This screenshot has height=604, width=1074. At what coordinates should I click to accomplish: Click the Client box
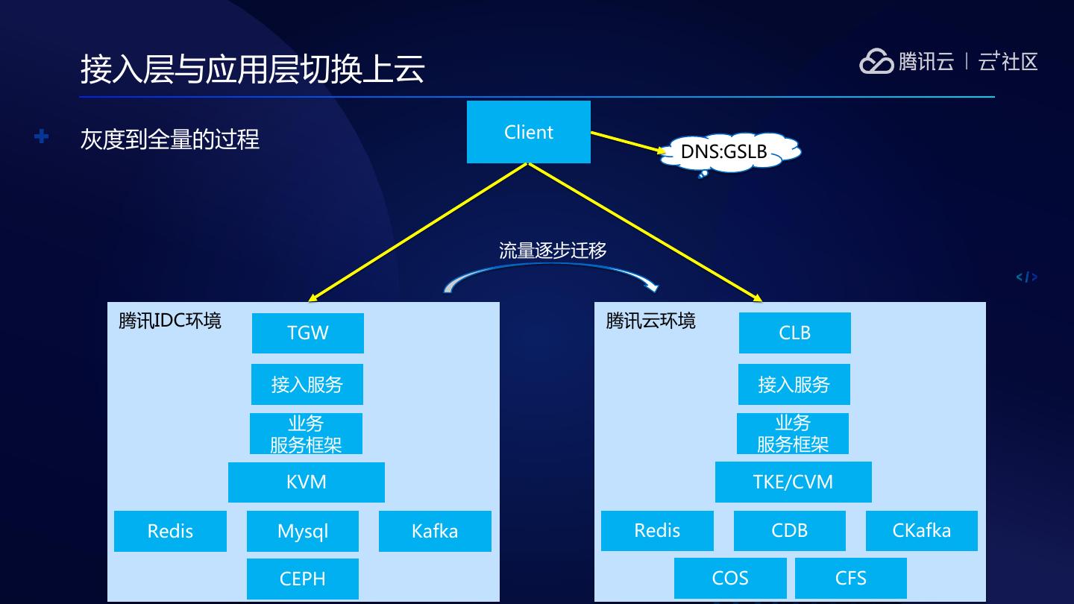pyautogui.click(x=528, y=132)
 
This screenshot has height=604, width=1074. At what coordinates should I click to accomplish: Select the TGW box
pyautogui.click(x=307, y=333)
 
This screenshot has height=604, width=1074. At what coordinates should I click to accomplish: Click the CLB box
pyautogui.click(x=794, y=333)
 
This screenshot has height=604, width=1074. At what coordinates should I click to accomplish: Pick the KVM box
pyautogui.click(x=306, y=482)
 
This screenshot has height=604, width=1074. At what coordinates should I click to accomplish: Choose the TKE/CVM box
pyautogui.click(x=793, y=482)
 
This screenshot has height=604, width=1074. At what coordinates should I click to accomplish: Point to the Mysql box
pyautogui.click(x=302, y=531)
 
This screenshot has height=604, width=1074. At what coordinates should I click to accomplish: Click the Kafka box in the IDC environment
pyautogui.click(x=435, y=531)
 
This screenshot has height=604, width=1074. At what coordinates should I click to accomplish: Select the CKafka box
pyautogui.click(x=921, y=530)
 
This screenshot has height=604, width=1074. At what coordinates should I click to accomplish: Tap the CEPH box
pyautogui.click(x=302, y=578)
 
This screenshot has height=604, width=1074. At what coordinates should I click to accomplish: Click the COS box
pyautogui.click(x=729, y=578)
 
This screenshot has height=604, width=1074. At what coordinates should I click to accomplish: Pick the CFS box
pyautogui.click(x=850, y=578)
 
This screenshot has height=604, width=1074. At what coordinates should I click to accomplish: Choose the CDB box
pyautogui.click(x=789, y=530)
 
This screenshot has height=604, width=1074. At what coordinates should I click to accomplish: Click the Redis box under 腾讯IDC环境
pyautogui.click(x=170, y=531)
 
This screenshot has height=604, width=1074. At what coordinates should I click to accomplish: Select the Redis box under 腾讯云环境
pyautogui.click(x=657, y=530)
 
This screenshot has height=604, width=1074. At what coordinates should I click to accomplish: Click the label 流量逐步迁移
pyautogui.click(x=553, y=251)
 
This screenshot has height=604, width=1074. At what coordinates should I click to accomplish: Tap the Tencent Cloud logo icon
pyautogui.click(x=876, y=61)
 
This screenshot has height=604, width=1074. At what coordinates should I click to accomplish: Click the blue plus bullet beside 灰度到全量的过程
pyautogui.click(x=42, y=136)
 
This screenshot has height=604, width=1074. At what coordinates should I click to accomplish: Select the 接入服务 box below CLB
pyautogui.click(x=794, y=384)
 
